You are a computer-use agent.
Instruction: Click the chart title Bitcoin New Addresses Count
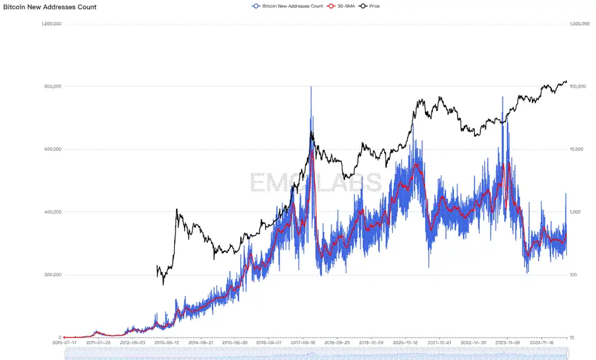(x=50, y=7)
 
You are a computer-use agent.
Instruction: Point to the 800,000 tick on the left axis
(x=53, y=87)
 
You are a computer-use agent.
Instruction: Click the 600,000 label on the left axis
(x=53, y=149)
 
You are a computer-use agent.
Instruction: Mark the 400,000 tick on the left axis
(x=53, y=212)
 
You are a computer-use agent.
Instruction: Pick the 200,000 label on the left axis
(x=53, y=275)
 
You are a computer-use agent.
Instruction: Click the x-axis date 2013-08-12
(x=165, y=343)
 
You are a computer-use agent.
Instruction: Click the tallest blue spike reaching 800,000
(x=311, y=88)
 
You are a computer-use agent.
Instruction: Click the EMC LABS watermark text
(x=315, y=182)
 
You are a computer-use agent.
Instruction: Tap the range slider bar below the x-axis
(x=315, y=355)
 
